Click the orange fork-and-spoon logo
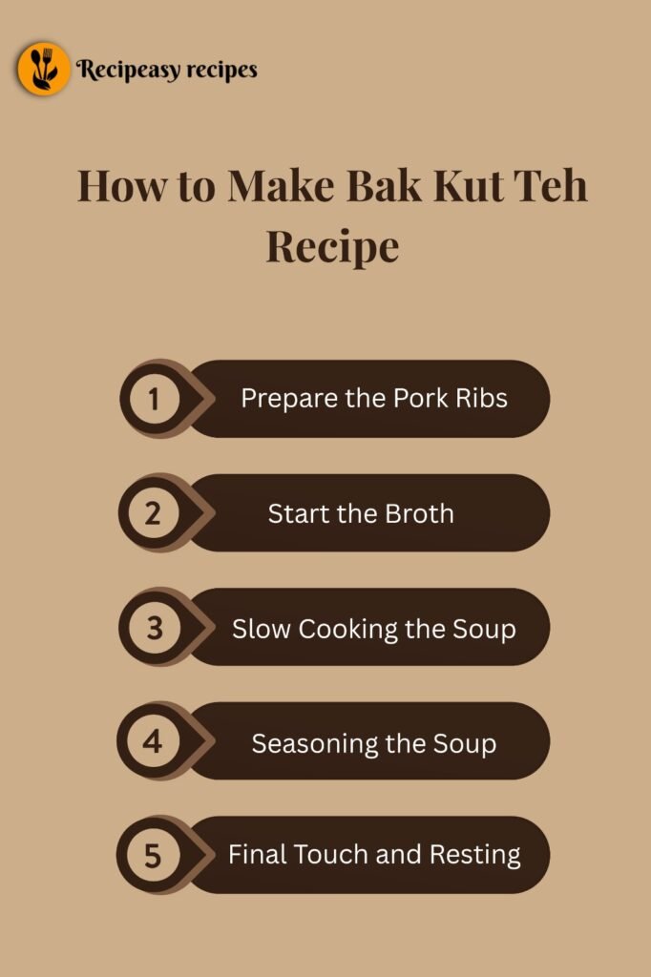click(x=43, y=69)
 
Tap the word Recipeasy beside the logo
click(x=123, y=70)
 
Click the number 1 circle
click(x=154, y=399)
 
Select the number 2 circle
click(x=154, y=513)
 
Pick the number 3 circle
click(x=154, y=629)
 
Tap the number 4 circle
click(x=154, y=742)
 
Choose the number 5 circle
click(x=154, y=856)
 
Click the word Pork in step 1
click(x=425, y=398)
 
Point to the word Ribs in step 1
click(x=483, y=398)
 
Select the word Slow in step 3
click(x=262, y=629)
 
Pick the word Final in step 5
click(x=257, y=854)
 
